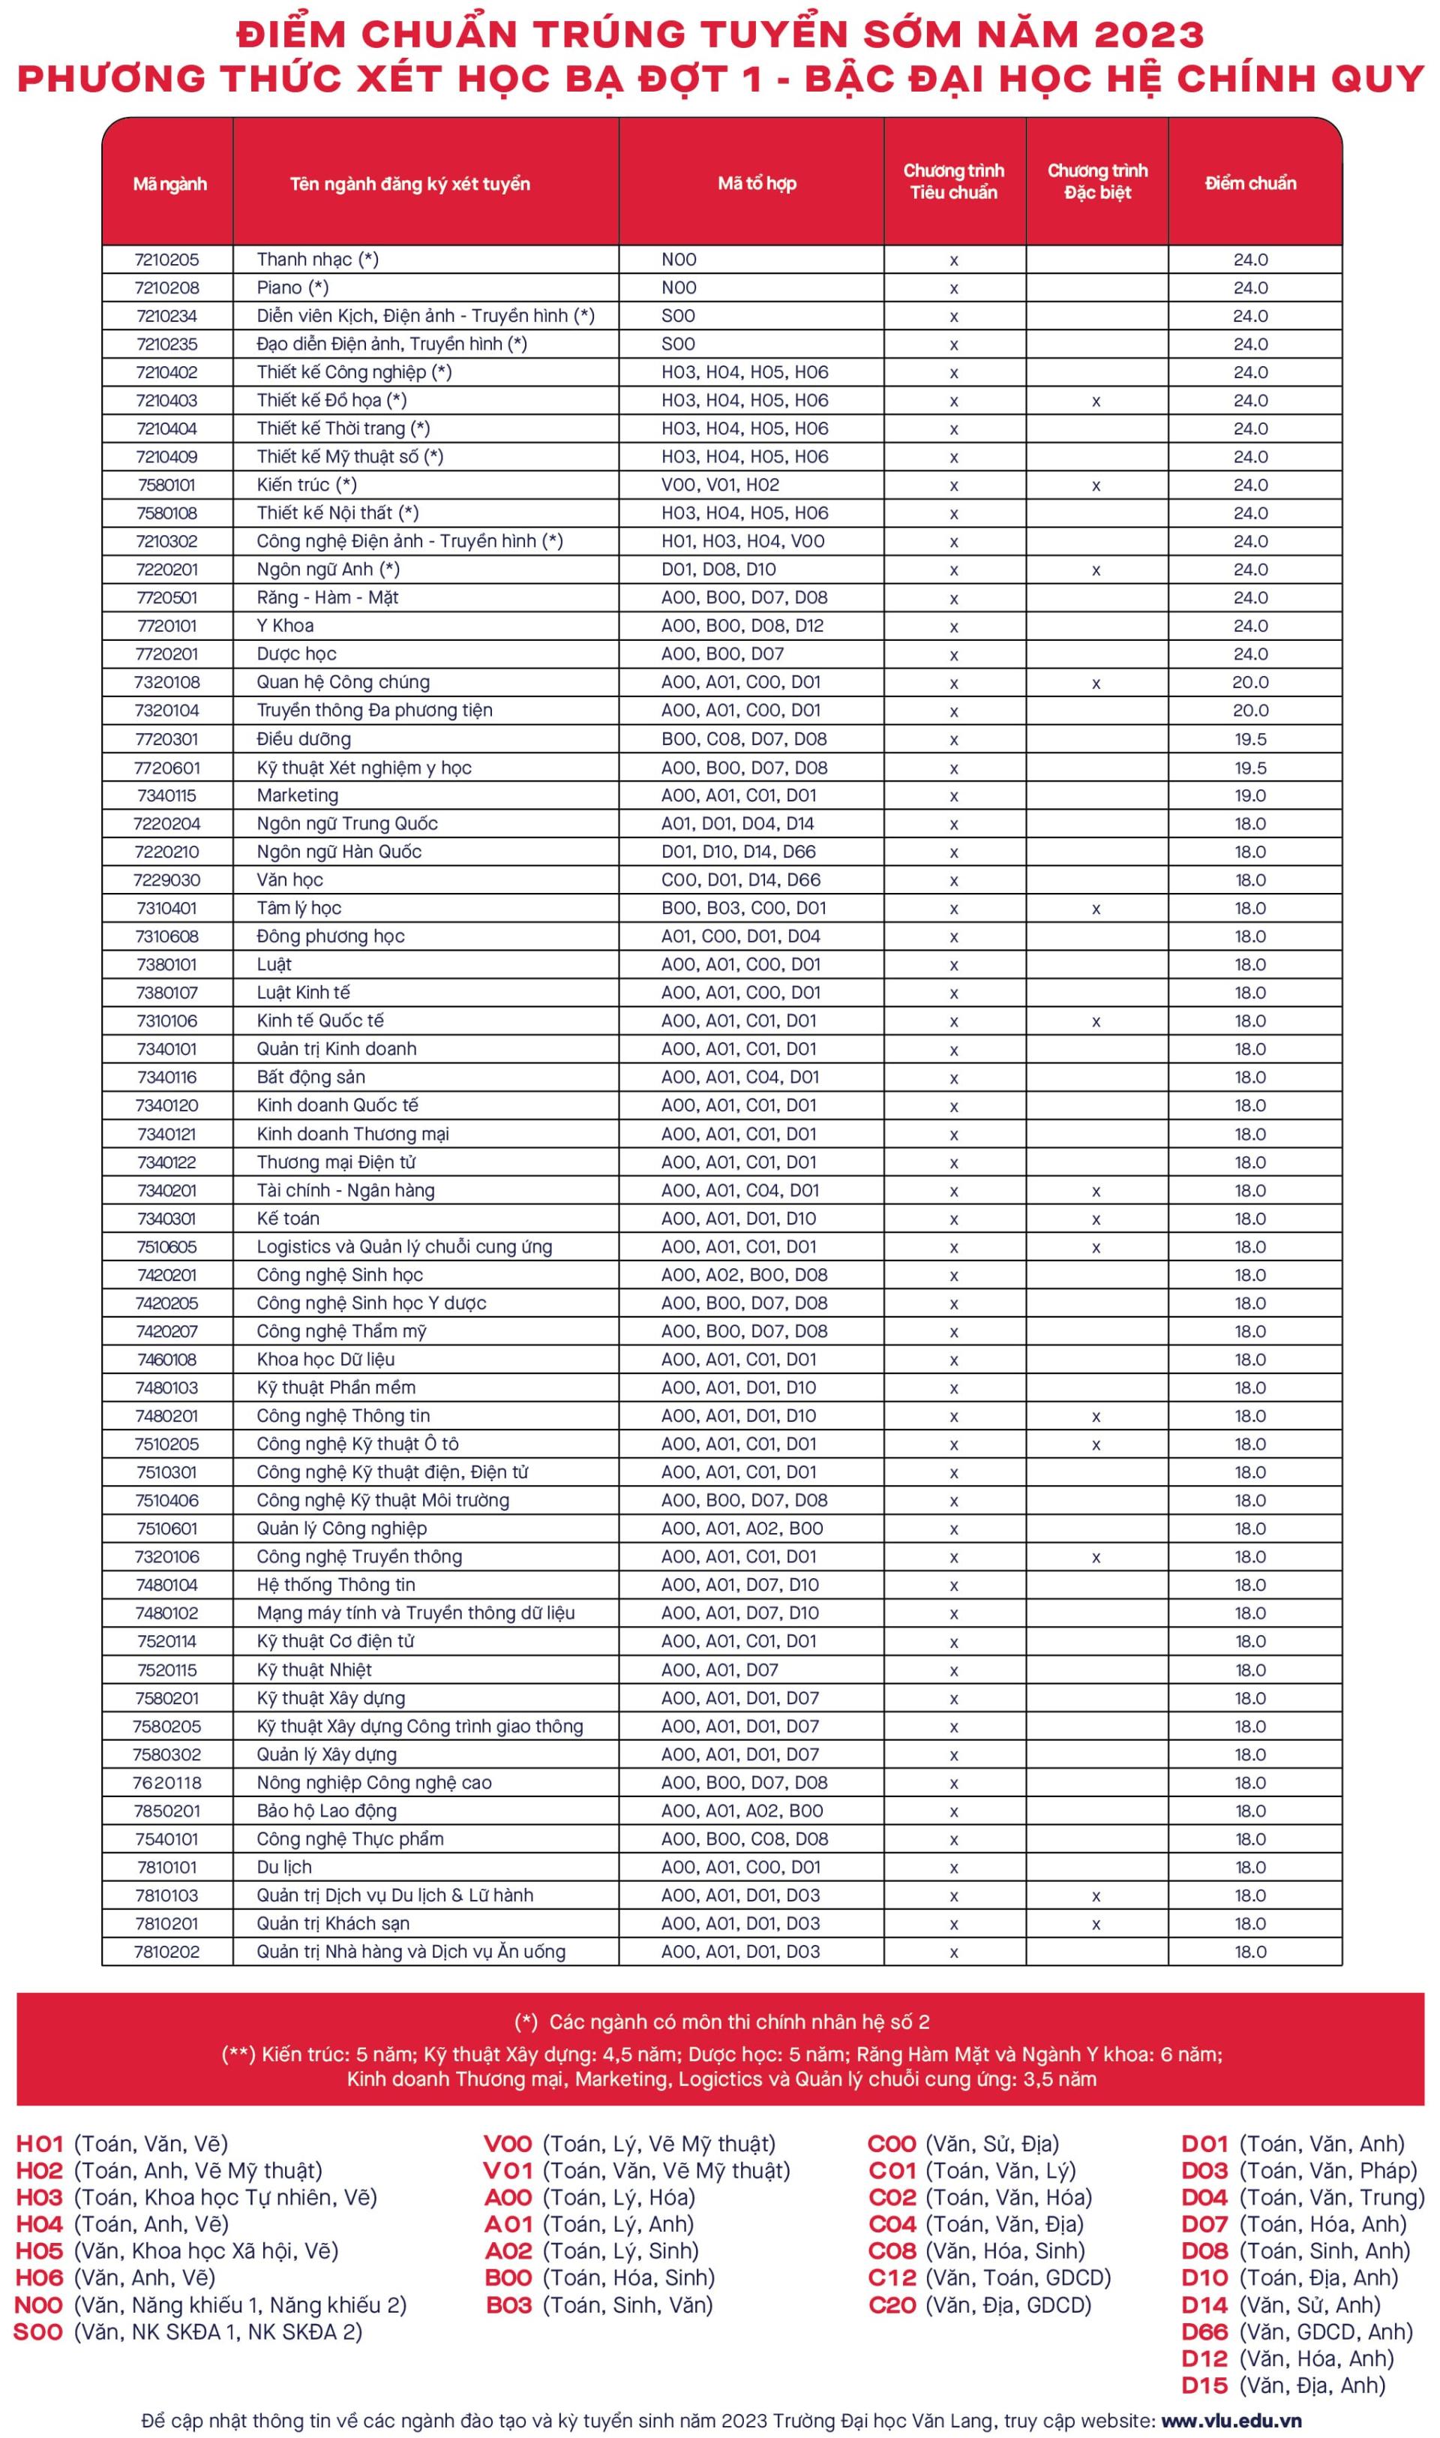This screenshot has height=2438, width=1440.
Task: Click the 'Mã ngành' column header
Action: point(169,183)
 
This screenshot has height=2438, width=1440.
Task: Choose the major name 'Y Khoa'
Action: point(285,625)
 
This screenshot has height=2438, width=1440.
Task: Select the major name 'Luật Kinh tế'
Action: point(303,992)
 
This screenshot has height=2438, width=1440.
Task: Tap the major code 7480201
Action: point(167,1415)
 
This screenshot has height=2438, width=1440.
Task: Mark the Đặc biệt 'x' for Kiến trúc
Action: point(1096,485)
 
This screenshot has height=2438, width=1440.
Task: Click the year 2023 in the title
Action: point(1149,35)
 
